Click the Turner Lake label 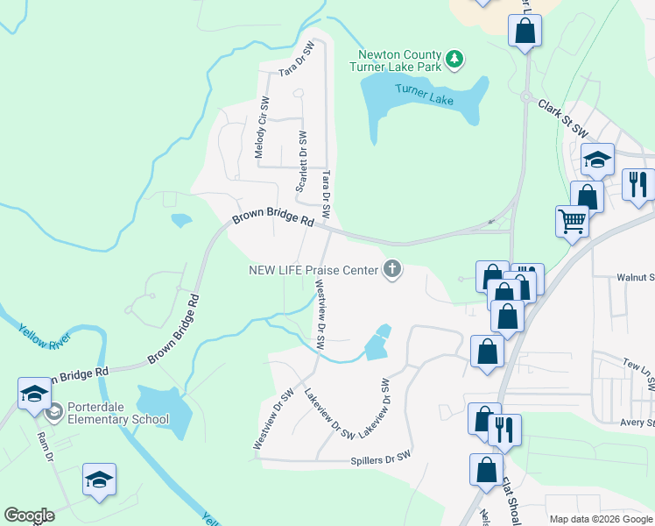424,95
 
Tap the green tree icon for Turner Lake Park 454,59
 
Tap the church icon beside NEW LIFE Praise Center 392,269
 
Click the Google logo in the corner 29,515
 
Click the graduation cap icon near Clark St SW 597,160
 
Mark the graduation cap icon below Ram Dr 99,480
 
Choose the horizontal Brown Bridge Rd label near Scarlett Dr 272,219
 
